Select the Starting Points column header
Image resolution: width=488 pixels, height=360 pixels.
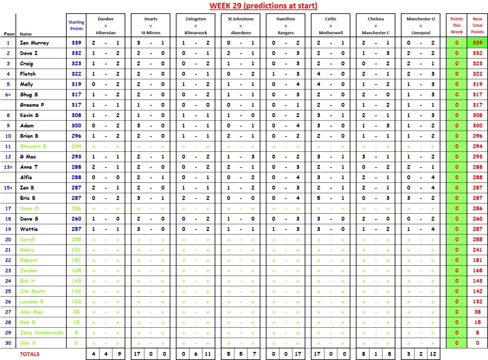tap(76, 25)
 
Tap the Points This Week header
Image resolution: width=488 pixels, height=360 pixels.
tap(457, 25)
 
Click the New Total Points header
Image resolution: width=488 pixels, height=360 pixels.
tap(478, 25)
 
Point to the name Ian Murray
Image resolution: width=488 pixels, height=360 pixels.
tap(34, 43)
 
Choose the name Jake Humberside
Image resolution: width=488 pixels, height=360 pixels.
tap(42, 332)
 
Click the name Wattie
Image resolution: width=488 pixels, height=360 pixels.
tap(27, 229)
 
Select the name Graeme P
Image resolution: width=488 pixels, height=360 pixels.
tap(31, 105)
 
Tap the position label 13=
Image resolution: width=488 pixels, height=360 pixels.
tap(8, 167)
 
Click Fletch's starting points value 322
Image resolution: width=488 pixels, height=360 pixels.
tap(76, 74)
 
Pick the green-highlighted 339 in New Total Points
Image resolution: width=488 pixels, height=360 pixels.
tap(478, 43)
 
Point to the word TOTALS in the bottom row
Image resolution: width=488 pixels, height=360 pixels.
tap(30, 354)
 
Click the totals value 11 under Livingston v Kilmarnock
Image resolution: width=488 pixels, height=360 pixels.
tap(208, 354)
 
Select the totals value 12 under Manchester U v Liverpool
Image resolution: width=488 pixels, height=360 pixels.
tap(433, 354)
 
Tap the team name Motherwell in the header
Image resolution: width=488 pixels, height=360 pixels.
tap(331, 33)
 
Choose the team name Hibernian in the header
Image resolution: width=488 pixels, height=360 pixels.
tap(106, 33)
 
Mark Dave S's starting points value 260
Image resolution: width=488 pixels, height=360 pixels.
tap(76, 219)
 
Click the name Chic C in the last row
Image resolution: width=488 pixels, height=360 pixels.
tap(28, 343)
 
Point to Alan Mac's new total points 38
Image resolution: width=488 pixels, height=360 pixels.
tap(478, 311)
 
